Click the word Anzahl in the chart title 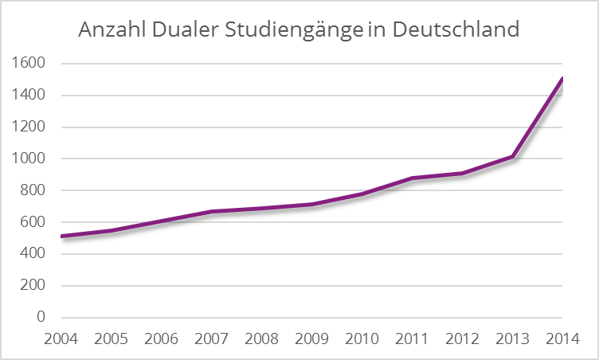pyautogui.click(x=111, y=31)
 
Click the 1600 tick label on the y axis pyautogui.click(x=29, y=63)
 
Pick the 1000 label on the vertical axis pyautogui.click(x=29, y=158)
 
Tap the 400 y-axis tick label pyautogui.click(x=33, y=254)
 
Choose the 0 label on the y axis pyautogui.click(x=40, y=317)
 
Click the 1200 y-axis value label pyautogui.click(x=29, y=127)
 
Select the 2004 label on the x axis pyautogui.click(x=61, y=338)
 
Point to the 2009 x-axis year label pyautogui.click(x=312, y=338)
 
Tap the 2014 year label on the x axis pyautogui.click(x=563, y=338)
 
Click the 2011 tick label pyautogui.click(x=413, y=338)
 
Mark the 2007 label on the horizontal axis pyautogui.click(x=212, y=338)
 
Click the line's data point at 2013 pyautogui.click(x=513, y=157)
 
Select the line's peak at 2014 pyautogui.click(x=563, y=78)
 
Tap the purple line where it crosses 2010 pyautogui.click(x=362, y=194)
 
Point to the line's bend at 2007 pyautogui.click(x=212, y=212)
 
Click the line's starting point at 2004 pyautogui.click(x=61, y=236)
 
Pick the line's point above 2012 pyautogui.click(x=463, y=173)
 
